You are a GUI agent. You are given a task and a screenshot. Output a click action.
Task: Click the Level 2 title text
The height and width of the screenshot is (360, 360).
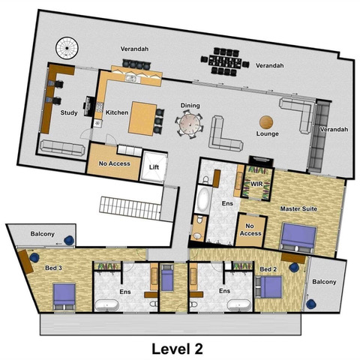177,349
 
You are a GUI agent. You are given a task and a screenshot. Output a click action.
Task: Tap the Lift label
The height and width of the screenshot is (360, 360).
154,167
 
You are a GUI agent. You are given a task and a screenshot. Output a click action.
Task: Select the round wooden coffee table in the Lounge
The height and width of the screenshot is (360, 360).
266,122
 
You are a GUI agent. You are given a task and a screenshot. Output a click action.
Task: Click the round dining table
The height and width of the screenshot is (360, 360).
190,124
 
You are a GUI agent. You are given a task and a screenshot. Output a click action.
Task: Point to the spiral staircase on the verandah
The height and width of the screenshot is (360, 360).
67,48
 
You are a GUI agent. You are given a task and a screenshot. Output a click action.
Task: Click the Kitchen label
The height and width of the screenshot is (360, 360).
117,112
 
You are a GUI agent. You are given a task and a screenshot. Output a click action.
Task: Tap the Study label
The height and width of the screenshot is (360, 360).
69,112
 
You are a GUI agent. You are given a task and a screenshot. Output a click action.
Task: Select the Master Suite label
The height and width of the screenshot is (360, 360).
298,208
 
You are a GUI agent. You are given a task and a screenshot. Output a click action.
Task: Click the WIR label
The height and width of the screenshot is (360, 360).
256,184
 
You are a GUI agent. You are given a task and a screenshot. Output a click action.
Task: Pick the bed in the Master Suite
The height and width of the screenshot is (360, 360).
298,237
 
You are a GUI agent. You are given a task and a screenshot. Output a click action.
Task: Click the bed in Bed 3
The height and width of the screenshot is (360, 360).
64,297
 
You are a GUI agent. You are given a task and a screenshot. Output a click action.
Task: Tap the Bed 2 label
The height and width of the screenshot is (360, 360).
268,269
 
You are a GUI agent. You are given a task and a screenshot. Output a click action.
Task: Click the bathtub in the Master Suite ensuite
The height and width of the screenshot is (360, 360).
204,199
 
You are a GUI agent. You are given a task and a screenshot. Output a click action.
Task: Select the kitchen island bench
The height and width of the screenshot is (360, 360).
142,118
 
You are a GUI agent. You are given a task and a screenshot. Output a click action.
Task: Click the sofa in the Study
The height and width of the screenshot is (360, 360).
62,148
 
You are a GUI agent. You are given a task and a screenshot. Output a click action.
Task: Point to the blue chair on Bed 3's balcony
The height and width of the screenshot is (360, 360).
69,241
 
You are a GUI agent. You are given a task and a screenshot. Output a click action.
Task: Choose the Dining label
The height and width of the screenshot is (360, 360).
190,106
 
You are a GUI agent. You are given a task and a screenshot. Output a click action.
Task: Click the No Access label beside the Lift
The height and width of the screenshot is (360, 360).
115,163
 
